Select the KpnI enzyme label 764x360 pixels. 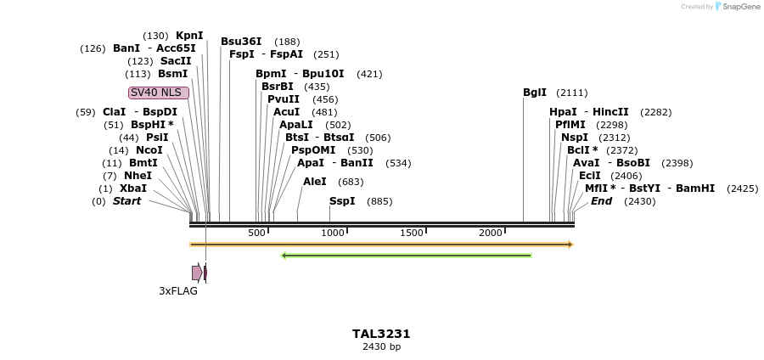point(189,36)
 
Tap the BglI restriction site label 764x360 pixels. point(535,93)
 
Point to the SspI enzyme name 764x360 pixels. point(342,201)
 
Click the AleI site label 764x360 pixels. point(315,182)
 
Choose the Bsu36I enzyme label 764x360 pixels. point(241,42)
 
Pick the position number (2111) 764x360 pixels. point(571,93)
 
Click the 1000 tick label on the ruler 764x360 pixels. point(333,233)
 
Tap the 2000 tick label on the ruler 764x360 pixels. point(491,233)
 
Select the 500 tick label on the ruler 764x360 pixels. point(257,233)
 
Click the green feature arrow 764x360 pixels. point(406,255)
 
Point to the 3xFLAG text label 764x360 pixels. point(178,291)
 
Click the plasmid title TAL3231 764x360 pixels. point(381,334)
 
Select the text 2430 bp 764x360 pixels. point(381,346)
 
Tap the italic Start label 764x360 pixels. point(127,201)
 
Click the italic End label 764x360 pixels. point(601,201)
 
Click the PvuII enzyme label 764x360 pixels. point(284,99)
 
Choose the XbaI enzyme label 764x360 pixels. point(133,188)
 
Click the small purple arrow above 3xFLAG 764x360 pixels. point(197,273)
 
